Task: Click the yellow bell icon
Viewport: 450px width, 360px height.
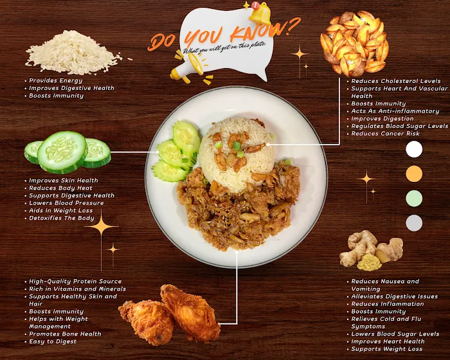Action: click(260, 14)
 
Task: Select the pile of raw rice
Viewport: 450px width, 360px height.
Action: click(73, 52)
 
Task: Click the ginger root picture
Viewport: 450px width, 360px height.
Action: click(371, 251)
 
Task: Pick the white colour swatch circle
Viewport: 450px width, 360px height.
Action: click(414, 149)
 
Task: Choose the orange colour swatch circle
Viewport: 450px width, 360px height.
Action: click(414, 174)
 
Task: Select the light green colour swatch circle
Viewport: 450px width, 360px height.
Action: click(414, 198)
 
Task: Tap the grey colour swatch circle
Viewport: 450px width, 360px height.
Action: click(414, 223)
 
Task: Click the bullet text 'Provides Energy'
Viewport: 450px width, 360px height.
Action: click(56, 80)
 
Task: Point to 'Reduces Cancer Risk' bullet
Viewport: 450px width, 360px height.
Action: click(386, 134)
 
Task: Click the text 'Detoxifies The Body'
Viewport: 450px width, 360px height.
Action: click(62, 218)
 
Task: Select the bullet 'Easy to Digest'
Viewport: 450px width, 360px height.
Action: click(53, 341)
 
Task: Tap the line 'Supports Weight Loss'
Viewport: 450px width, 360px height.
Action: click(387, 349)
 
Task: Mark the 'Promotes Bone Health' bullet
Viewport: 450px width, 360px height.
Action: click(65, 334)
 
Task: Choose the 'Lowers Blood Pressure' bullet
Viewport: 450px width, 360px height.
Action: click(66, 203)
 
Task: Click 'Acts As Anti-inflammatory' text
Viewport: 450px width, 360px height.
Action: click(395, 111)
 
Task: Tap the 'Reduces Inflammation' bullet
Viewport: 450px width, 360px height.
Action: click(388, 303)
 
